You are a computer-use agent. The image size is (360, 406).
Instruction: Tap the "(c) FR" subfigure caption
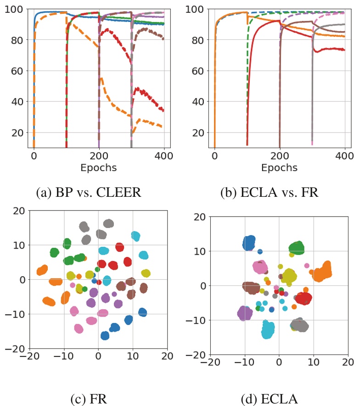tap(89, 387)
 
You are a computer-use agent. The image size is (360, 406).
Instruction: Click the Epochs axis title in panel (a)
tap(98, 168)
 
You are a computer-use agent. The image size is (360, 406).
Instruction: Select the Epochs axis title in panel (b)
tap(279, 168)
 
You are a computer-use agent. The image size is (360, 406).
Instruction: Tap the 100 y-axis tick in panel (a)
tap(17, 9)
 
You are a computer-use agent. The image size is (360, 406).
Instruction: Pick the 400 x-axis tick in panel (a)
tap(164, 156)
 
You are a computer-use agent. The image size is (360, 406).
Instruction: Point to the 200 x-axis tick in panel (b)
tap(279, 156)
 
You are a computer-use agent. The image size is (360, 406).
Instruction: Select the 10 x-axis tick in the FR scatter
tap(133, 356)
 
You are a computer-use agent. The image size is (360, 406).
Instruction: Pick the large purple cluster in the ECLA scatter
tap(245, 314)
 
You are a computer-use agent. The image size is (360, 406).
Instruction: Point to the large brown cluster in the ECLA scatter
tap(251, 288)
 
